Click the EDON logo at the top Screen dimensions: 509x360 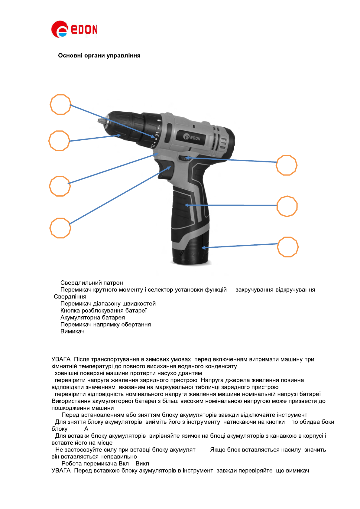(74, 29)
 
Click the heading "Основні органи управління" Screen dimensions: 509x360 (99, 56)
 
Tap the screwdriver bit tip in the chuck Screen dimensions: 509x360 (101, 121)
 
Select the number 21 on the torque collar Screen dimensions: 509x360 (157, 134)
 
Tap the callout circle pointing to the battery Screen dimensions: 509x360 (288, 247)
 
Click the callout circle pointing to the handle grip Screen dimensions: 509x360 (287, 206)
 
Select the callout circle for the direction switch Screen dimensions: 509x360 (287, 165)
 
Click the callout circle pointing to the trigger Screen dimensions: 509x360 (60, 228)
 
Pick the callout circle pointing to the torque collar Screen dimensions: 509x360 (60, 105)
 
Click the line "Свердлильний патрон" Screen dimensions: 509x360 (92, 283)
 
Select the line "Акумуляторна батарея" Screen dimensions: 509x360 (92, 318)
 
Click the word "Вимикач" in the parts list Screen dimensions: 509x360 (73, 331)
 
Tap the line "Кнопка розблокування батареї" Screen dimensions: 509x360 (103, 311)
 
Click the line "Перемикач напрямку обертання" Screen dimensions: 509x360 (105, 325)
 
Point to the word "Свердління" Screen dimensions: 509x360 (70, 297)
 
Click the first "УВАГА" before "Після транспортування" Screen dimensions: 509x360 (61, 359)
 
